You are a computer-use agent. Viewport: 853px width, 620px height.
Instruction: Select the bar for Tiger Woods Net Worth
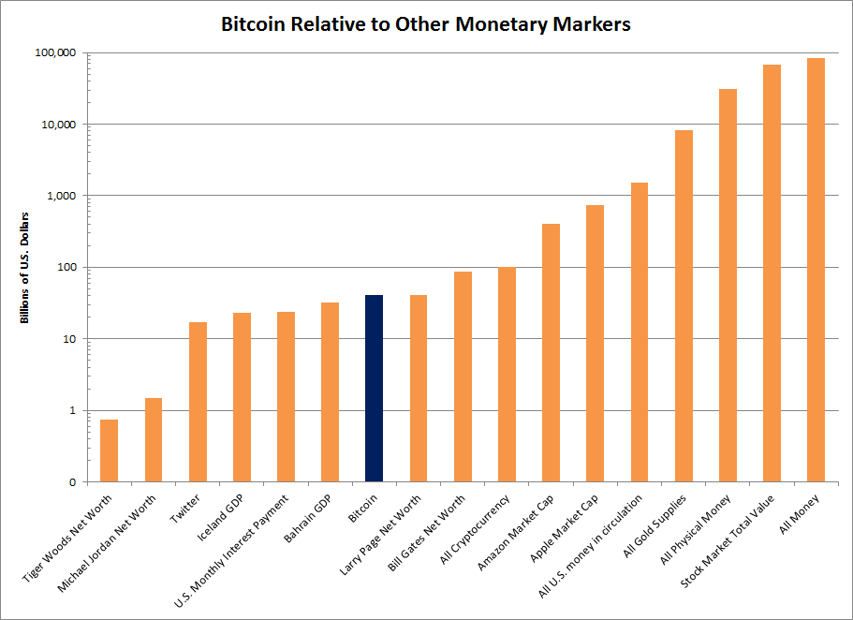(x=110, y=450)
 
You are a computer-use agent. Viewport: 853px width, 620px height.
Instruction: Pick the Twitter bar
(x=198, y=402)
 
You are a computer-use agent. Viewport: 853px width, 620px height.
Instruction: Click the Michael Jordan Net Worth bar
(x=154, y=440)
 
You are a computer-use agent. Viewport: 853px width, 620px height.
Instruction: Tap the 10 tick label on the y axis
(x=69, y=339)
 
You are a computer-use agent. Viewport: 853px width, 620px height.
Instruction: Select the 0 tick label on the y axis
(x=72, y=482)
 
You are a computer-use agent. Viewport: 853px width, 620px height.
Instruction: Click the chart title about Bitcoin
(x=426, y=24)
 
